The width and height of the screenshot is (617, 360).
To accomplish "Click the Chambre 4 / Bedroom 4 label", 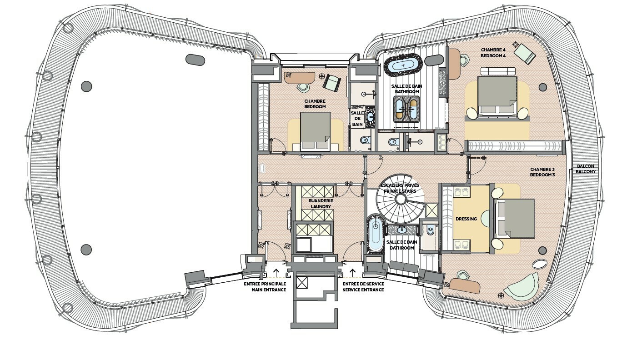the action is pos(493,53).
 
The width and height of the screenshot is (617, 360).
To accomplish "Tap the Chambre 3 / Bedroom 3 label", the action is pos(542,172).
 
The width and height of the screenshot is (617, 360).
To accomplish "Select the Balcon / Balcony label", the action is pos(586,169).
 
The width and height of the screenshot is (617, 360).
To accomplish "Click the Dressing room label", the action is pos(467,219).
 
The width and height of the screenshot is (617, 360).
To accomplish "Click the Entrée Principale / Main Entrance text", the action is pos(265,287).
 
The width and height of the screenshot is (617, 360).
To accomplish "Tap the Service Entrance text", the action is pos(363,290).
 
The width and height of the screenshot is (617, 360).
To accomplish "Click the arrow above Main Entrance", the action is pos(276,273).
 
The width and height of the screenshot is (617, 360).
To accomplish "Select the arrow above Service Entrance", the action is pos(352,273).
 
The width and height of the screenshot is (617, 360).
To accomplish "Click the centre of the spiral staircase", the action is pos(400,199).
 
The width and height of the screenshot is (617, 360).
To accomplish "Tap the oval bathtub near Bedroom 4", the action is pos(403,65).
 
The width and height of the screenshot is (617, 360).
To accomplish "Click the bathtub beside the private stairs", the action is pos(375,233).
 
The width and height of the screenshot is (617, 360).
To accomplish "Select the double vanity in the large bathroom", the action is pos(406,109).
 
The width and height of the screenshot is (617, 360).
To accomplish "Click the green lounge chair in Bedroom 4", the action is pos(525,58).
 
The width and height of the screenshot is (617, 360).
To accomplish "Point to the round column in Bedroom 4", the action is pos(542,87).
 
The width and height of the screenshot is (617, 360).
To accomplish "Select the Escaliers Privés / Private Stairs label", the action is pos(400,188).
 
